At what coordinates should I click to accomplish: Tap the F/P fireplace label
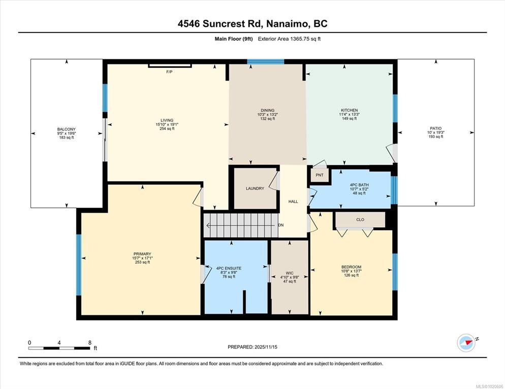(169, 72)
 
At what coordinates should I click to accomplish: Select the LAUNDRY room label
(255, 188)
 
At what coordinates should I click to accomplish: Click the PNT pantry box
(320, 175)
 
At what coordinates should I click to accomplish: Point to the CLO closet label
(360, 220)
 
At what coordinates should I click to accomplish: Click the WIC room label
(289, 273)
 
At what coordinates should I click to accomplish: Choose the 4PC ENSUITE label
(229, 268)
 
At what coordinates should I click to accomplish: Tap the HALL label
(293, 201)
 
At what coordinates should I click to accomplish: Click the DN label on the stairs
(281, 225)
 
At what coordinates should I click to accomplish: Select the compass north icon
(466, 343)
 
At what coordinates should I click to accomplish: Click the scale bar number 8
(90, 343)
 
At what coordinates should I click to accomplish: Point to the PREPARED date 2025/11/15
(253, 347)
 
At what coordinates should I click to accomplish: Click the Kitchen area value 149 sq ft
(350, 118)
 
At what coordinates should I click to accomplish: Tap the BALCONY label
(67, 129)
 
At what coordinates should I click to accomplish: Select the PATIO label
(435, 128)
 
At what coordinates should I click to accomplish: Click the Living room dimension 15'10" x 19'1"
(167, 124)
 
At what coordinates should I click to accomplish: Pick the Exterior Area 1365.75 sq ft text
(289, 39)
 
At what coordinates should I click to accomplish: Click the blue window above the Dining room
(265, 61)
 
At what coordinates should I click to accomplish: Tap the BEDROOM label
(352, 267)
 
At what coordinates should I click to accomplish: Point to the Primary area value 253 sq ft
(142, 262)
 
